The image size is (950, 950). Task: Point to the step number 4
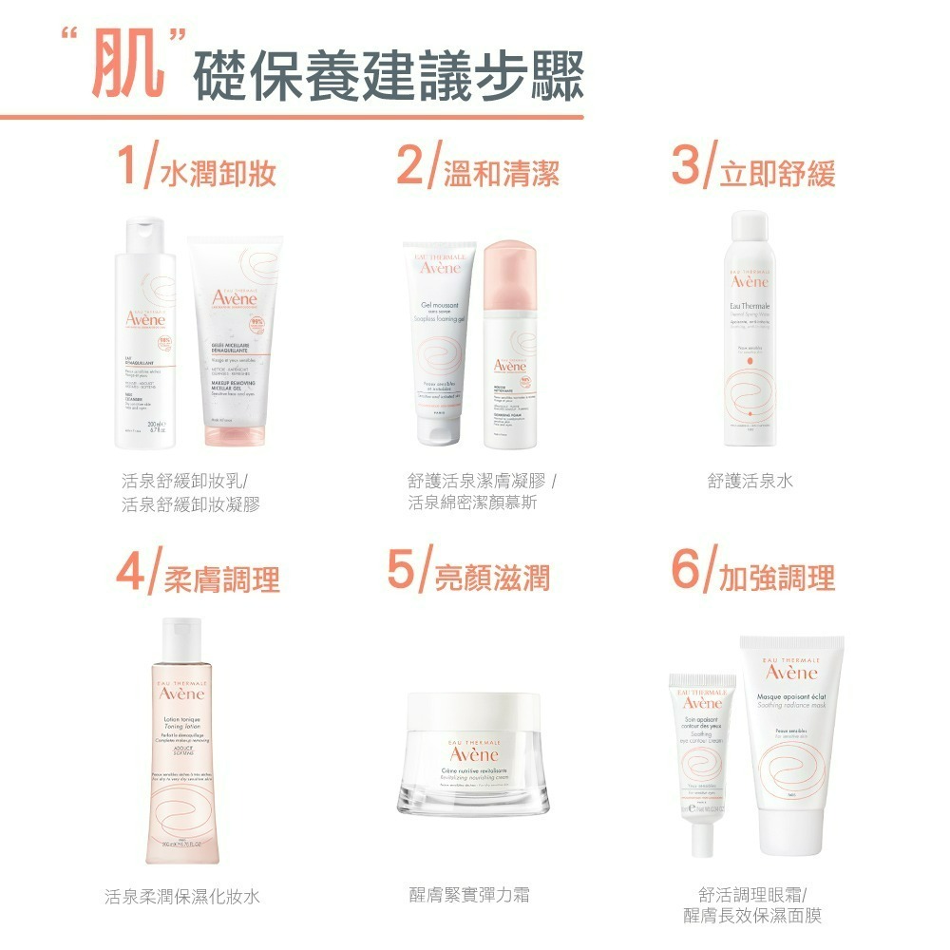[131, 572]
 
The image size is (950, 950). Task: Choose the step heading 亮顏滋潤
[492, 576]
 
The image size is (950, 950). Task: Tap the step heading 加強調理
[777, 576]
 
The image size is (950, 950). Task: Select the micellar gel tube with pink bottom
[235, 347]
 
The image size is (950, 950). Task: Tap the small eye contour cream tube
[702, 750]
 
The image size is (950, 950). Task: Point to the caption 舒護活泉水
[750, 482]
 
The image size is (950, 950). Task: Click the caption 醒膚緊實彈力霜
[468, 894]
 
